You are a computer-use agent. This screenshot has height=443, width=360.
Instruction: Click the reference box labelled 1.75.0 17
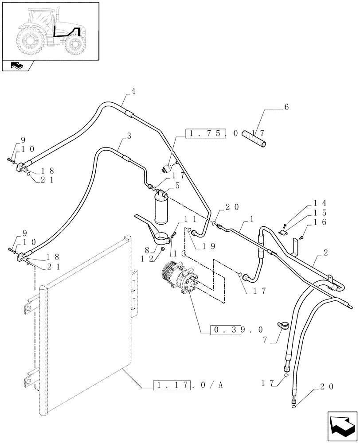pyautogui.click(x=225, y=133)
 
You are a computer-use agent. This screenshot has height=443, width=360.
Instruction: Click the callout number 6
pyautogui.click(x=286, y=108)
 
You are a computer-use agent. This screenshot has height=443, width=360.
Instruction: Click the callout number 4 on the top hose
pyautogui.click(x=133, y=92)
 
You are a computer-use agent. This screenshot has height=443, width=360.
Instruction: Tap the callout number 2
pyautogui.click(x=326, y=253)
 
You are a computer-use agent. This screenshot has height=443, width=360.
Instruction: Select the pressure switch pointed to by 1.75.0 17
pyautogui.click(x=168, y=168)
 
